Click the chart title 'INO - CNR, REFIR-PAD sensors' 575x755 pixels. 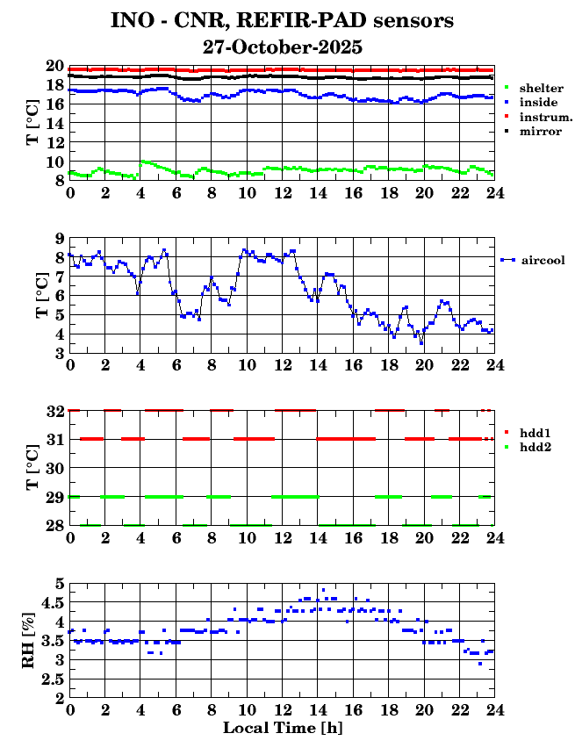283,20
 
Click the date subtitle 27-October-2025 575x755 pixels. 283,46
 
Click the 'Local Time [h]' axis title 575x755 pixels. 282,728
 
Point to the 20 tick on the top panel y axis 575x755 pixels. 54,66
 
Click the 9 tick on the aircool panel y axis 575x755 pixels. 59,238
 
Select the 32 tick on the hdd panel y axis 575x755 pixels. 54,410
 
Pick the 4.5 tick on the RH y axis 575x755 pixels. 54,602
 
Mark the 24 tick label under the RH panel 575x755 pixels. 494,709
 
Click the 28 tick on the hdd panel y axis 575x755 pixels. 54,525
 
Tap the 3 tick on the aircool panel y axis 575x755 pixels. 59,353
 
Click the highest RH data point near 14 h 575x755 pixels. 323,590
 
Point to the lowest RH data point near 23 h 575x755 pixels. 480,664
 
